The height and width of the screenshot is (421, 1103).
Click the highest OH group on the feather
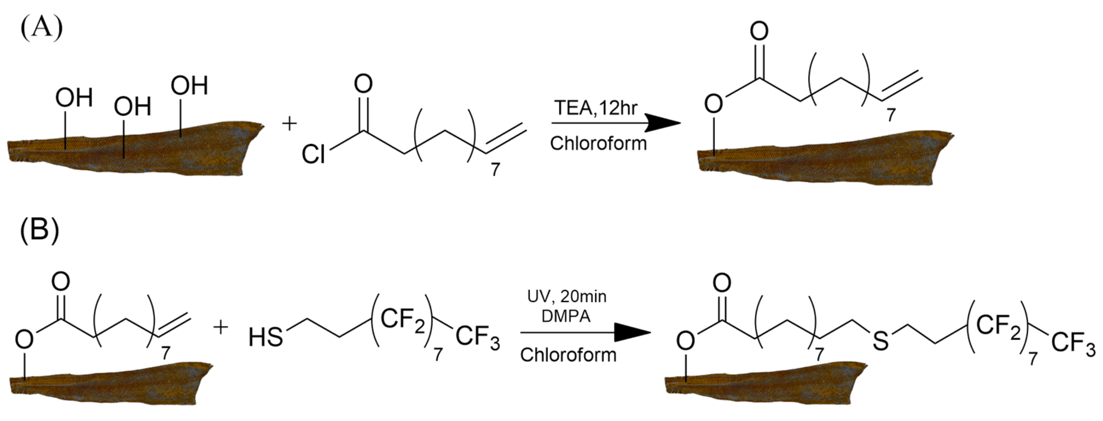189,85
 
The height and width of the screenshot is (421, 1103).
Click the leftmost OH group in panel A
74,98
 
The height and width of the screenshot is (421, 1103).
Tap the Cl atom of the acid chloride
313,154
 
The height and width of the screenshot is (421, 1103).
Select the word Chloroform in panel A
598,143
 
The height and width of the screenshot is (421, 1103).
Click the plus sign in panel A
289,124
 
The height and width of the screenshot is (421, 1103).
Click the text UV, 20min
567,296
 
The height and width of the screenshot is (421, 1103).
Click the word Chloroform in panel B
568,355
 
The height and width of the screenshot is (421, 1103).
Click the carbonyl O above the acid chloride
363,84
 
